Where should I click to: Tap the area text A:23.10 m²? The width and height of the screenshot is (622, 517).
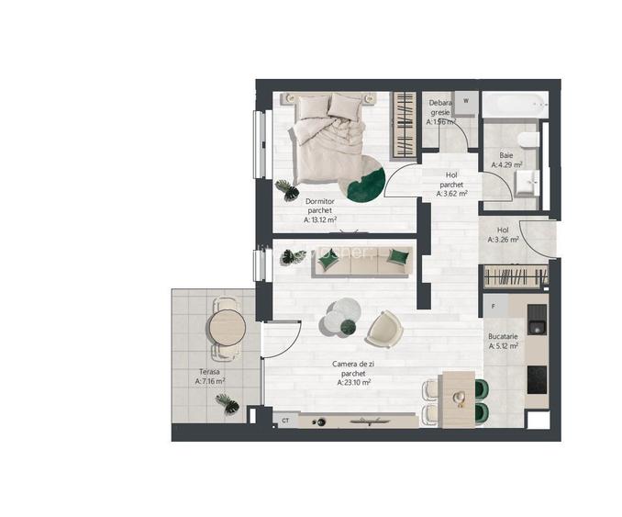(353, 384)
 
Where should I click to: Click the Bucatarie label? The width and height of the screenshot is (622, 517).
(504, 337)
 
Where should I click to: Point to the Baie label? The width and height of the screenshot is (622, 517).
(506, 155)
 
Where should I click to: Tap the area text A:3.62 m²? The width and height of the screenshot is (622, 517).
(452, 194)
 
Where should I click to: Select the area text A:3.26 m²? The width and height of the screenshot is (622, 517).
(503, 240)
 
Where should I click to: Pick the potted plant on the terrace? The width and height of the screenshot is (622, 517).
(225, 401)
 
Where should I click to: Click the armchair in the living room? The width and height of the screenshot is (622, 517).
(383, 328)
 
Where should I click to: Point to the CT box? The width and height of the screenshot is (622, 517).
(285, 421)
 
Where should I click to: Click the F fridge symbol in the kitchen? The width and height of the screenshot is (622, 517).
(494, 306)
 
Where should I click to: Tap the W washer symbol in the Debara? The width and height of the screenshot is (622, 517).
(466, 100)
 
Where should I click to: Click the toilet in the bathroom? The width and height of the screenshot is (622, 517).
(527, 142)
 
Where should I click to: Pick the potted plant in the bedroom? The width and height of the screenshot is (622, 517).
(285, 187)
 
